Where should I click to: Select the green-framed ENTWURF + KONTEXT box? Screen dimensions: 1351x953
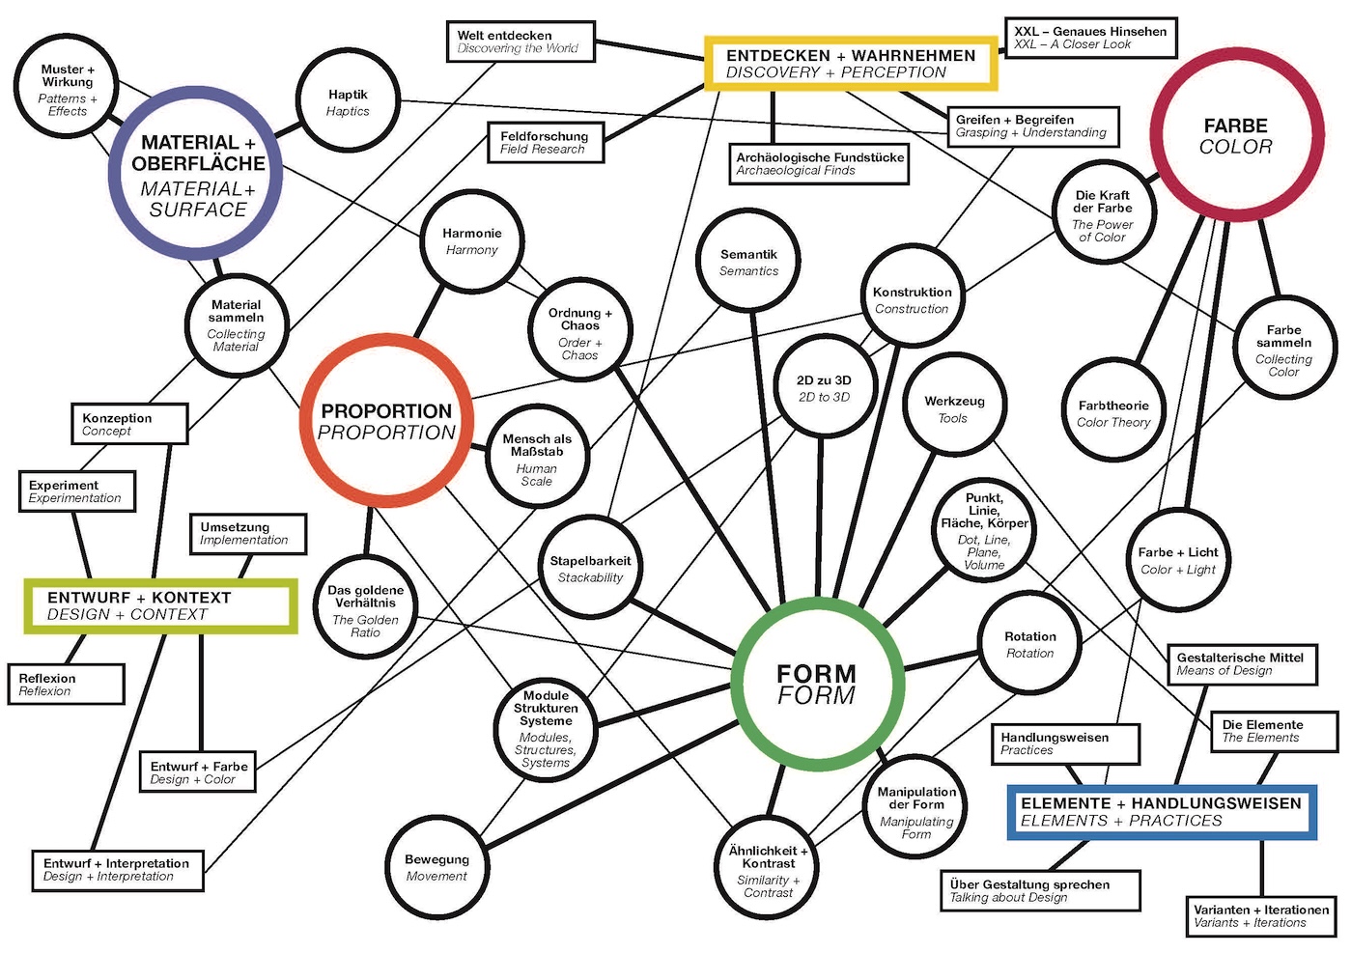click(x=160, y=582)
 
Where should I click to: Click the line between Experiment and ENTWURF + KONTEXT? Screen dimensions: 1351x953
click(x=81, y=546)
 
